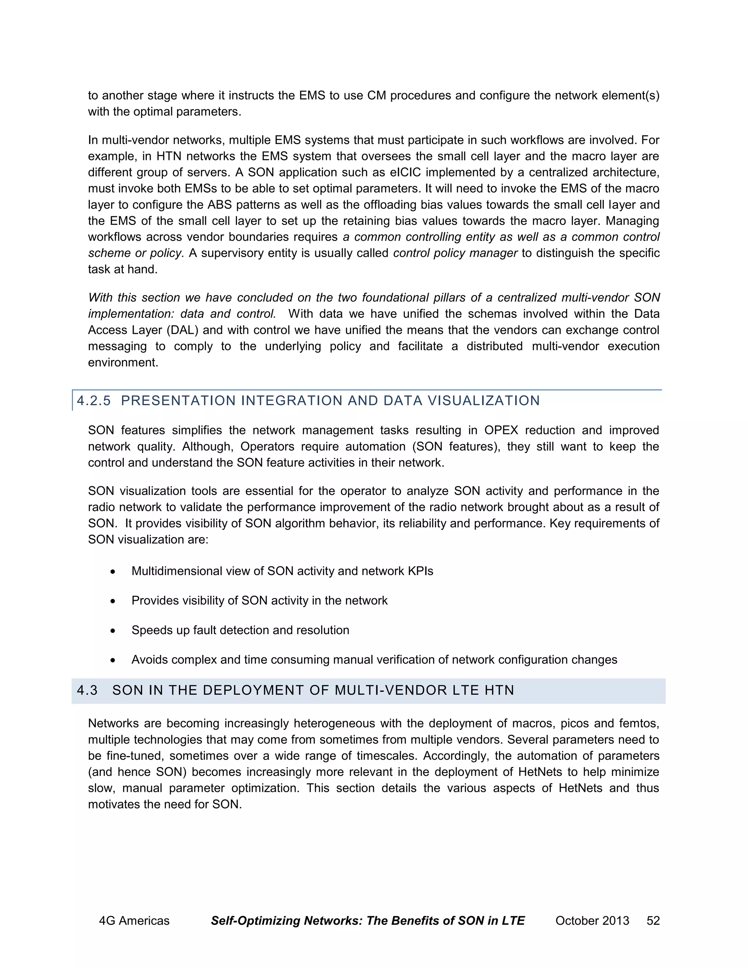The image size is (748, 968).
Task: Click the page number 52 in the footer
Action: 653,921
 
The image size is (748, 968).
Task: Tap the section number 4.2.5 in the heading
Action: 93,401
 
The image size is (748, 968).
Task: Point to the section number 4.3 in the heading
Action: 87,690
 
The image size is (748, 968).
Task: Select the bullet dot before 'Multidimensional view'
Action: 114,572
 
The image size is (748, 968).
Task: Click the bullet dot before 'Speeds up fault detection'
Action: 114,631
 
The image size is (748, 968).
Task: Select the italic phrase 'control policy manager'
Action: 455,253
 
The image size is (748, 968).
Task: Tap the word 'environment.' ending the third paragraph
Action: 123,363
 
